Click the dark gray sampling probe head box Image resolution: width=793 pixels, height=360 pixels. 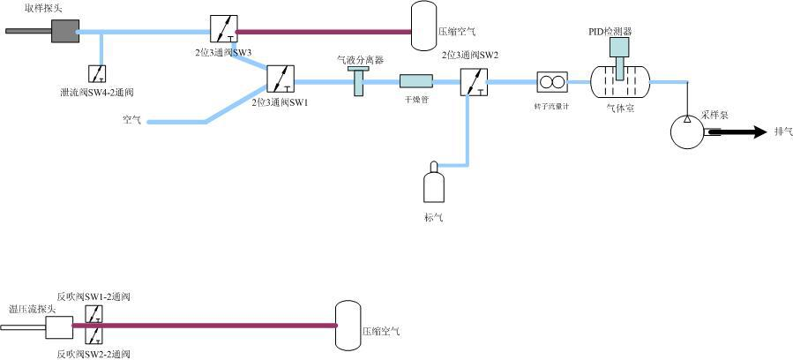coord(64,31)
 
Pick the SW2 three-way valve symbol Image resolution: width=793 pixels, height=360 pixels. coord(474,81)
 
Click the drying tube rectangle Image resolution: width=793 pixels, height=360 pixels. coord(415,81)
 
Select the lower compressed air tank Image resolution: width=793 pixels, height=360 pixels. coord(348,326)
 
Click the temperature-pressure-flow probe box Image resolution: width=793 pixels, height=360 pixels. coord(59,329)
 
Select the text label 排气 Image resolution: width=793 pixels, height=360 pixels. coord(782,132)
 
